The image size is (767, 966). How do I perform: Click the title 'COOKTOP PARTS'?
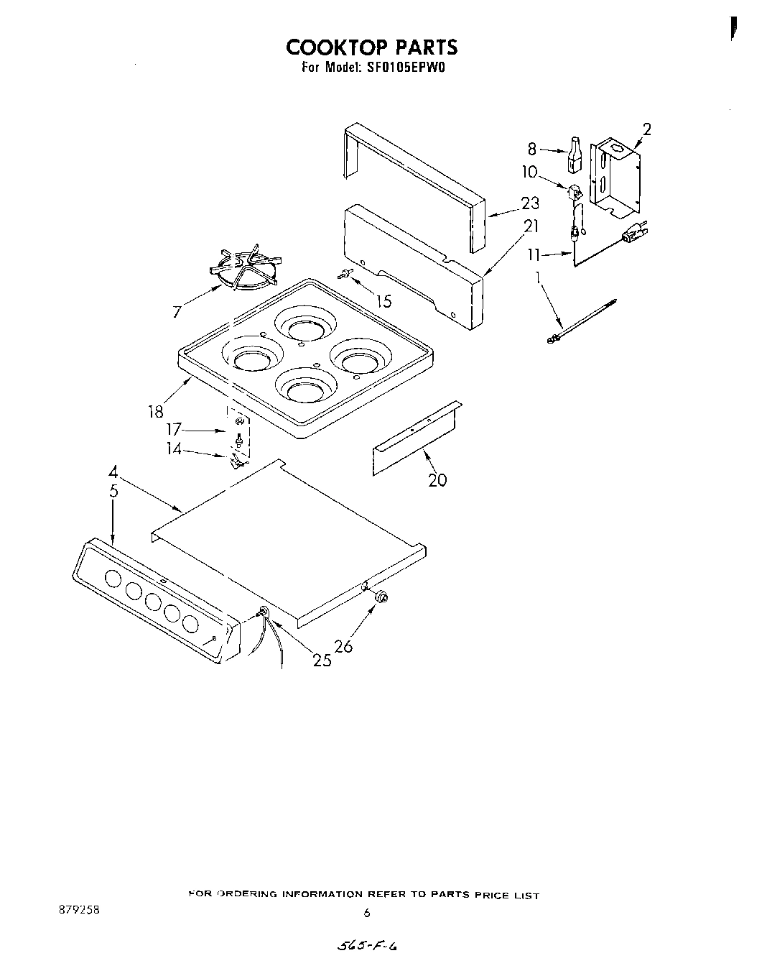(371, 47)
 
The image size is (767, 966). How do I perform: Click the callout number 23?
(530, 203)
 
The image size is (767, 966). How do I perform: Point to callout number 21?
(531, 226)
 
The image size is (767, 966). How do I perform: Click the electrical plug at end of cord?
(635, 232)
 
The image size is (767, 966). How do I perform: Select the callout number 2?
(646, 129)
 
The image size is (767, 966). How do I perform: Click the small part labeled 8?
(574, 154)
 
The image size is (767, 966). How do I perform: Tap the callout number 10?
(529, 172)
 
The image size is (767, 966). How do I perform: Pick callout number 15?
(384, 301)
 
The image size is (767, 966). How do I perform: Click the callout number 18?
(156, 411)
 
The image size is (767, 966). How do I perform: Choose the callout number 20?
(437, 479)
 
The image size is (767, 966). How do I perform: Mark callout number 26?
(344, 646)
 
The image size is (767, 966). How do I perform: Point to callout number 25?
(322, 660)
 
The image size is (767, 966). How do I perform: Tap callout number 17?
(173, 430)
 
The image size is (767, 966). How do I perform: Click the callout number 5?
(113, 492)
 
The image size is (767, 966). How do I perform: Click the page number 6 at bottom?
(366, 913)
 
